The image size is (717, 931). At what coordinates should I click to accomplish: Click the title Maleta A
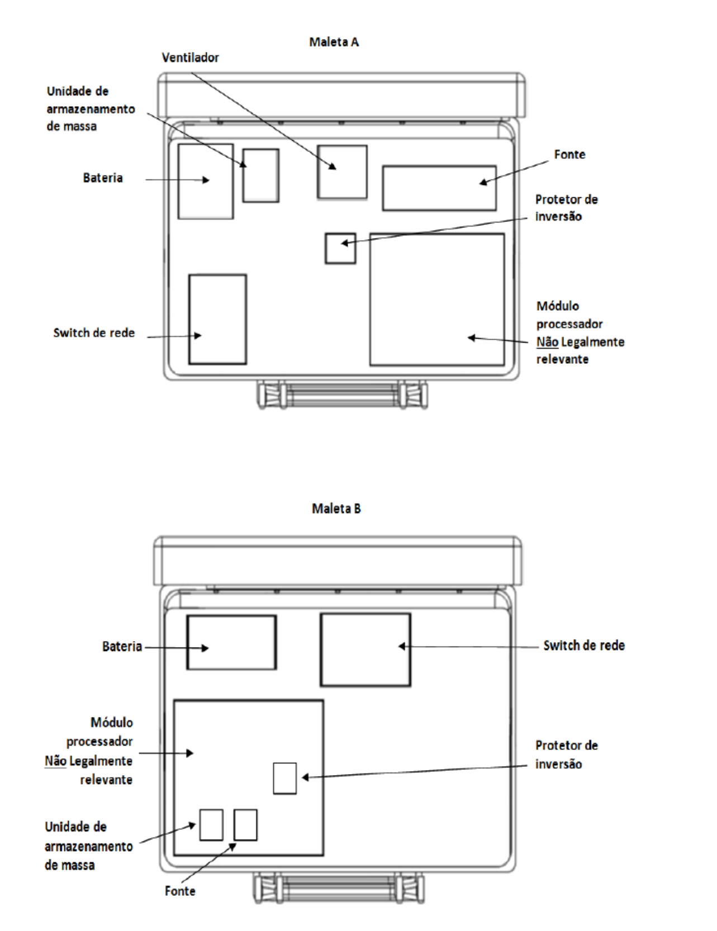coord(334,42)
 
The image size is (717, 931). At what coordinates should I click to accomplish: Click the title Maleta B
coord(336,509)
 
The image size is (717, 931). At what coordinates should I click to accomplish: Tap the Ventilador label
coord(190,58)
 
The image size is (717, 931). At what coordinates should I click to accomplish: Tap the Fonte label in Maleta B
coord(180,891)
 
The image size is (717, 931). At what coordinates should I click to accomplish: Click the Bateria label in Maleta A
coord(103,178)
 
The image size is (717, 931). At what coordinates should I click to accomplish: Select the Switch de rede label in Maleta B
coord(584,645)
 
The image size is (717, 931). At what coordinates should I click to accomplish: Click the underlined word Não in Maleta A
coord(547,342)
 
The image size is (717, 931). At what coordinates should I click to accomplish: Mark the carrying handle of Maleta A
coord(343,395)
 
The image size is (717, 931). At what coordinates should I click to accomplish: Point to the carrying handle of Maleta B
coord(339,887)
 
